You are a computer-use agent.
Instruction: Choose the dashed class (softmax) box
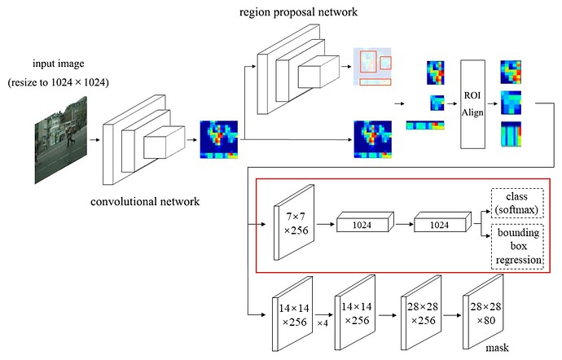[x=517, y=203]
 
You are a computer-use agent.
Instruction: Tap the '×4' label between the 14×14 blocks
[x=323, y=323]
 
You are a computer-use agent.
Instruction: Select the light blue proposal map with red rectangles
[x=373, y=68]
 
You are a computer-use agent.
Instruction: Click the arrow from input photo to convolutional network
[x=96, y=139]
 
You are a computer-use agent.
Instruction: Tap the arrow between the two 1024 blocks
[x=403, y=221]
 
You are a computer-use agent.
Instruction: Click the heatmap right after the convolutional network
[x=219, y=139]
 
